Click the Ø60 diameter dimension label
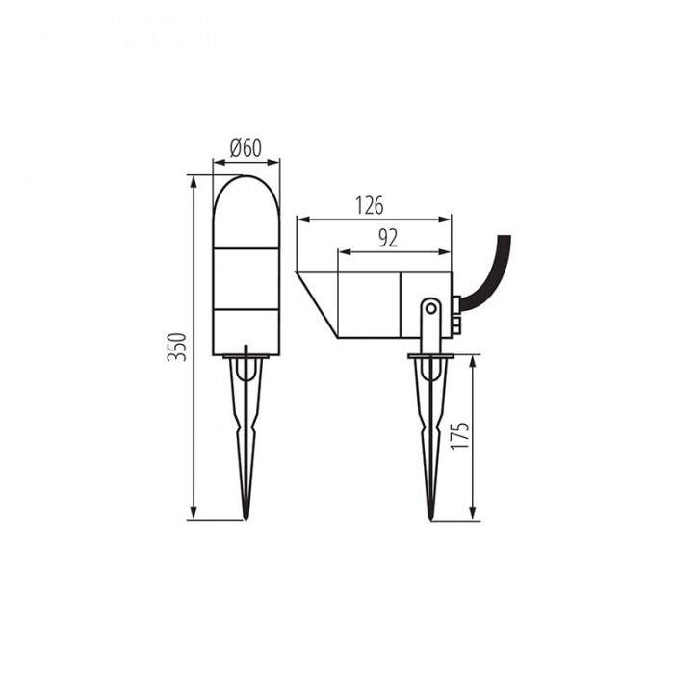[246, 148]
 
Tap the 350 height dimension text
[177, 347]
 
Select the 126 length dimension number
[369, 205]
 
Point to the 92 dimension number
[388, 238]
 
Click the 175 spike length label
[460, 436]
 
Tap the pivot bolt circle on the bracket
[430, 308]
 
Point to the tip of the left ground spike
[246, 521]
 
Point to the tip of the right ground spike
[430, 521]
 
